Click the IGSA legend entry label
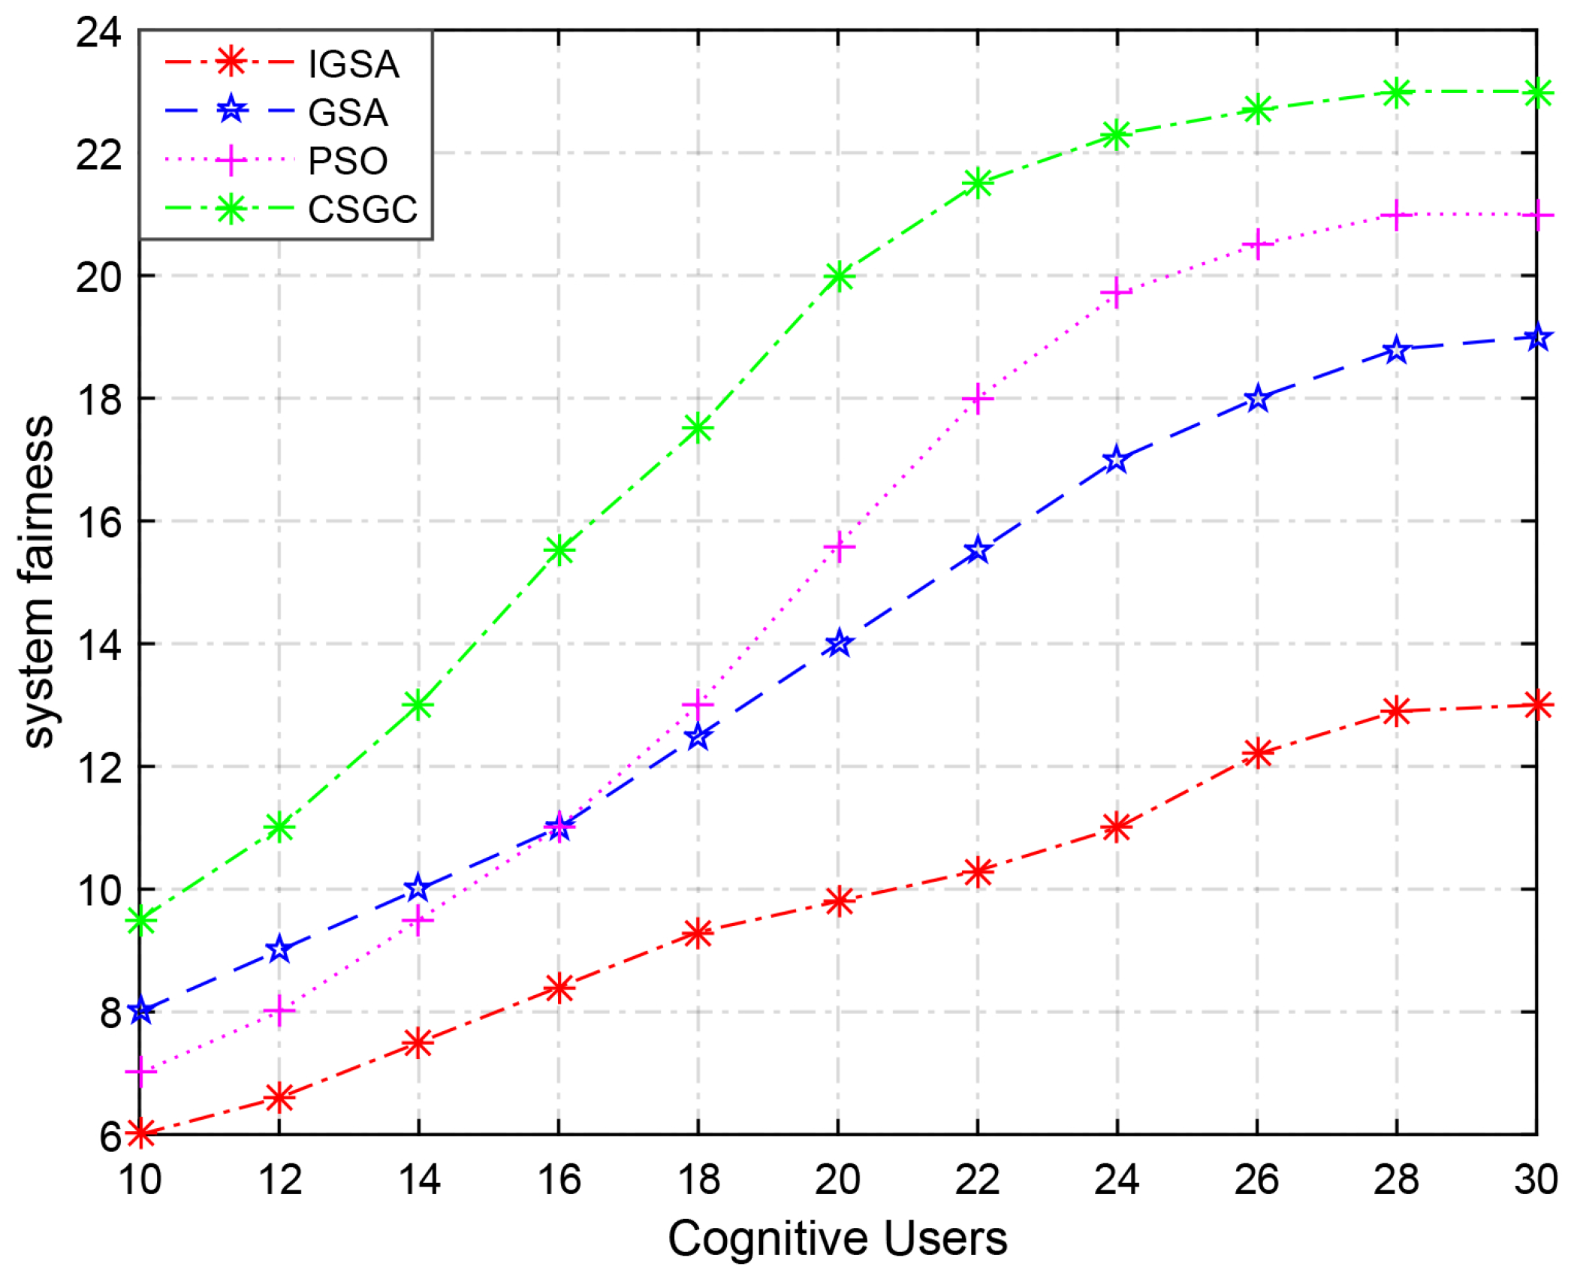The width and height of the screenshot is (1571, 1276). pyautogui.click(x=353, y=64)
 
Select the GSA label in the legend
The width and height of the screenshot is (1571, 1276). pyautogui.click(x=348, y=113)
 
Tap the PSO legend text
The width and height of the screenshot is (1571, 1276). pyautogui.click(x=348, y=161)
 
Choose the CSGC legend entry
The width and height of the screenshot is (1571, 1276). pyautogui.click(x=362, y=210)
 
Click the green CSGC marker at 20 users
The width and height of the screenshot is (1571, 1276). pyautogui.click(x=838, y=276)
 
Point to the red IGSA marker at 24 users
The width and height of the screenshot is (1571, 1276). pyautogui.click(x=1117, y=828)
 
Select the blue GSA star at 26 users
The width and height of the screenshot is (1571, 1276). pyautogui.click(x=1258, y=399)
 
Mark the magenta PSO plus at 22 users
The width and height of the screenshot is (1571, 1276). pyautogui.click(x=977, y=399)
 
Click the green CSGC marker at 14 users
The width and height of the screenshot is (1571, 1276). pyautogui.click(x=418, y=705)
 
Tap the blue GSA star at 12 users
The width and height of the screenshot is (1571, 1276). pyautogui.click(x=279, y=949)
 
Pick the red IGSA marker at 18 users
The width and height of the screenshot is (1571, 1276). pyautogui.click(x=698, y=933)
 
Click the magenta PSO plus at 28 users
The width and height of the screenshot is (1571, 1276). pyautogui.click(x=1396, y=216)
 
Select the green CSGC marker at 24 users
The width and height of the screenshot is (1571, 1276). pyautogui.click(x=1117, y=135)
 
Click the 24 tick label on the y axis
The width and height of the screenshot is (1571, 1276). pyautogui.click(x=98, y=33)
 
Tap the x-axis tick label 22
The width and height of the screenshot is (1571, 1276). pyautogui.click(x=977, y=1180)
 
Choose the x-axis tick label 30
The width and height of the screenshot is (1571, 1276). pyautogui.click(x=1535, y=1180)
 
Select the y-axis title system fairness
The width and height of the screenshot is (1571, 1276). pyautogui.click(x=38, y=582)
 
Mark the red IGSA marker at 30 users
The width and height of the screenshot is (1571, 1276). pyautogui.click(x=1536, y=704)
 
